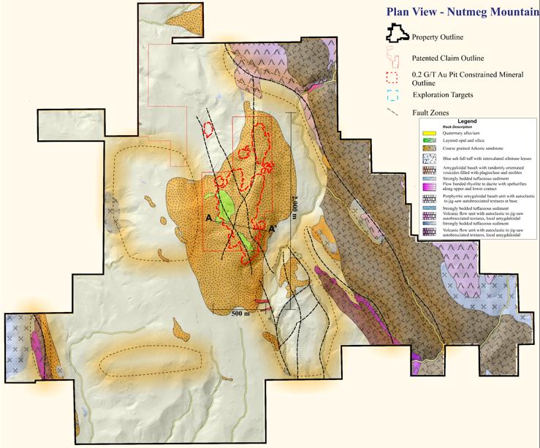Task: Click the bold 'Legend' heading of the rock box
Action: click(467, 121)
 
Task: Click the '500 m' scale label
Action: click(241, 312)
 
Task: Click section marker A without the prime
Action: click(209, 218)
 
